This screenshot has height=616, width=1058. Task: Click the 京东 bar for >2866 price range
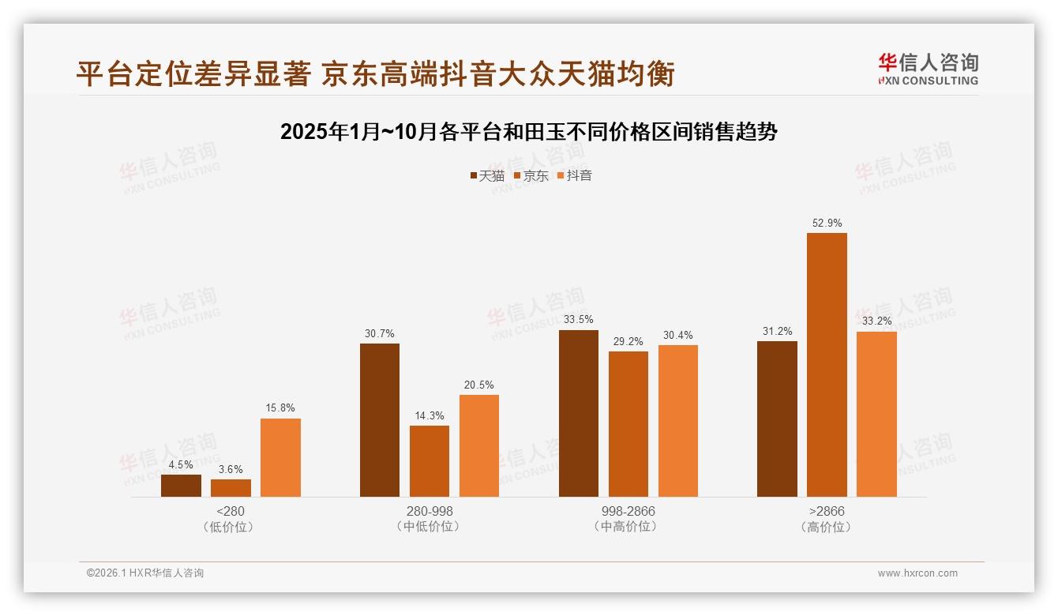[x=827, y=365]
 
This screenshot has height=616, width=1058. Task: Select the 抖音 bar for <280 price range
[x=280, y=457]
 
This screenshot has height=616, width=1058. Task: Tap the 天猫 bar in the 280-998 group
[x=380, y=420]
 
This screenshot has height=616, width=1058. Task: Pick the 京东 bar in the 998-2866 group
[x=628, y=424]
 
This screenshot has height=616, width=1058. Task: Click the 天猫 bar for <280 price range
[x=181, y=486]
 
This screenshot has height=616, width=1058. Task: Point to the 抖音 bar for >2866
[x=876, y=414]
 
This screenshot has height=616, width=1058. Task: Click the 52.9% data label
[x=827, y=223]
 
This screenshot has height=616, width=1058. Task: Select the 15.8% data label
[x=280, y=408]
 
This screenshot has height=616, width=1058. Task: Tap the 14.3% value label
[x=430, y=416]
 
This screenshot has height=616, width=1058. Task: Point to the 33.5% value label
[x=579, y=320]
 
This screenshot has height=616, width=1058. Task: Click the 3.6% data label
[x=231, y=469]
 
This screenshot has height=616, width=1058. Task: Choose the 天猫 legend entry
[x=487, y=176]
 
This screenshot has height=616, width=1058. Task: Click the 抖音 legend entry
[x=575, y=176]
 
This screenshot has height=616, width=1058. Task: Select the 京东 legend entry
[x=531, y=176]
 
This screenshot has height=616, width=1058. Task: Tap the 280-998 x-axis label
[x=430, y=511]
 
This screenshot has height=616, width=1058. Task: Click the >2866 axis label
[x=827, y=511]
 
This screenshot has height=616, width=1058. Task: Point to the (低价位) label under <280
[x=230, y=527]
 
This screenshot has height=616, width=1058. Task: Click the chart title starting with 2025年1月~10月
[x=529, y=132]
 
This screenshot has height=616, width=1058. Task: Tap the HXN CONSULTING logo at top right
[x=928, y=69]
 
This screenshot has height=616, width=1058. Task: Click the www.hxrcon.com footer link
[x=917, y=573]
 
